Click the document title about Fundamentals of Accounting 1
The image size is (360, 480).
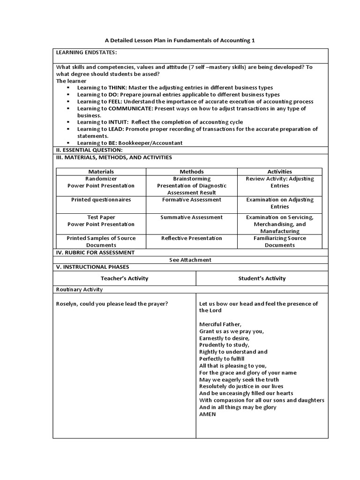[180, 41]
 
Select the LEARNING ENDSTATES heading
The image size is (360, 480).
[87, 52]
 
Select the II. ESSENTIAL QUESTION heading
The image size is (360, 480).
[89, 150]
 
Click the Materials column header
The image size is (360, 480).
[101, 172]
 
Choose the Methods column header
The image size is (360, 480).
[192, 172]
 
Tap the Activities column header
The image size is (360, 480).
[279, 172]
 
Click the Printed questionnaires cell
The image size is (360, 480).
[101, 200]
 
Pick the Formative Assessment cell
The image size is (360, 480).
[192, 200]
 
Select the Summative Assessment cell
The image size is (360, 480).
[192, 217]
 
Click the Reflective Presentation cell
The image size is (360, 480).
[192, 238]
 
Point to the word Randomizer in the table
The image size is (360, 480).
[101, 179]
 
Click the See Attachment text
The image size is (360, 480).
[190, 260]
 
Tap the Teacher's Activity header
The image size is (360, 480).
[124, 278]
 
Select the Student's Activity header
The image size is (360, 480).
[262, 278]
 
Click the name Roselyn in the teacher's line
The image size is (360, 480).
[67, 304]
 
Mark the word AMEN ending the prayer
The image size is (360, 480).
[207, 414]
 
